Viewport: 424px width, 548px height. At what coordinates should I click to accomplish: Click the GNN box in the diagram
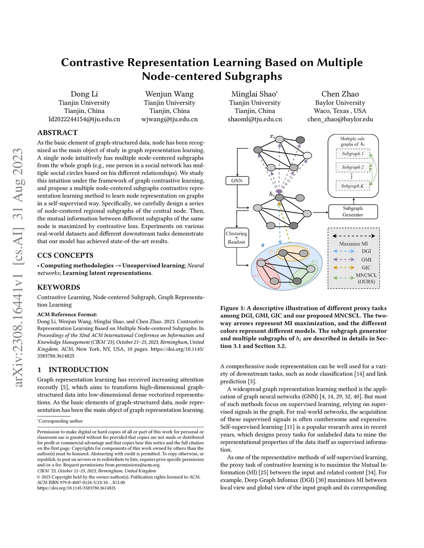tap(237, 181)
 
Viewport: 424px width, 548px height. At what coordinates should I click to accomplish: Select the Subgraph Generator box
tap(353, 211)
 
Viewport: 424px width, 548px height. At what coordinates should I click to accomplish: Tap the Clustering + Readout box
tap(236, 238)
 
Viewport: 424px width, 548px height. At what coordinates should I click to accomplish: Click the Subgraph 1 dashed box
tap(353, 154)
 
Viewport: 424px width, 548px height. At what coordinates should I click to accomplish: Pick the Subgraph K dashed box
tap(352, 186)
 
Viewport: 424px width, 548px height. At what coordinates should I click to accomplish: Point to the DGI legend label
tap(366, 251)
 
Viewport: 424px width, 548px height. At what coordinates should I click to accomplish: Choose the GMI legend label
tap(366, 259)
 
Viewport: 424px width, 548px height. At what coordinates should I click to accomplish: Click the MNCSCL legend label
tap(366, 275)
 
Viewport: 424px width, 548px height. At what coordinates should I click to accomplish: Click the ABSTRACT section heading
tap(58, 133)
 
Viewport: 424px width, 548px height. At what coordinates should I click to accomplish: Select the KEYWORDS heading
tap(59, 287)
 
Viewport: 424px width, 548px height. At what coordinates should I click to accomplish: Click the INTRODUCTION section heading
tap(78, 369)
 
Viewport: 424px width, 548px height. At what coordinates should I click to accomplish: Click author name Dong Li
tap(84, 94)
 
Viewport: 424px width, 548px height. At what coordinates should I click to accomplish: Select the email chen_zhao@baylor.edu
tap(340, 119)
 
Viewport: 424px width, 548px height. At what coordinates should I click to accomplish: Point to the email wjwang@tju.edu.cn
tap(169, 119)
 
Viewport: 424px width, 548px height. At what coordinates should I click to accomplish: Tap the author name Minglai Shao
tap(254, 94)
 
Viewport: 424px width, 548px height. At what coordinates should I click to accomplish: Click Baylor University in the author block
tap(340, 103)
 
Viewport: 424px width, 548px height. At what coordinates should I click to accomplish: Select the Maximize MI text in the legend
tap(353, 244)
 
